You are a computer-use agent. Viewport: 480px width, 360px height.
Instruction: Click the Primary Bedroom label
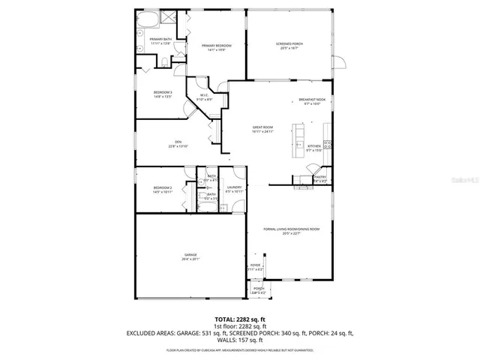click(216, 46)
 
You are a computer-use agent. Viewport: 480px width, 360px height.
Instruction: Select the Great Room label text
click(262, 129)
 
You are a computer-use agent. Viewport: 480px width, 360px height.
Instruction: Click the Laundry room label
click(234, 188)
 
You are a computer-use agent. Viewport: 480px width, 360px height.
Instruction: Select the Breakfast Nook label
click(311, 101)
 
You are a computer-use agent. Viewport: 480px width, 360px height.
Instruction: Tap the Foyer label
click(255, 266)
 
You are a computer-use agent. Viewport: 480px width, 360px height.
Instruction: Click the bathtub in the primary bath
click(145, 19)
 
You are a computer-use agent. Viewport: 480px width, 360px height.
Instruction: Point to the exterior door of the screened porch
click(338, 61)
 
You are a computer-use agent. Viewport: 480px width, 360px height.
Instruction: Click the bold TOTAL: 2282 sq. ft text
click(240, 319)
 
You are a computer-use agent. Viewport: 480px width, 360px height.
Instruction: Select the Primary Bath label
click(160, 42)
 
